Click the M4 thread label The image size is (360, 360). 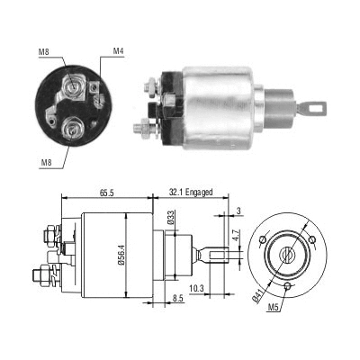click(118, 50)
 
